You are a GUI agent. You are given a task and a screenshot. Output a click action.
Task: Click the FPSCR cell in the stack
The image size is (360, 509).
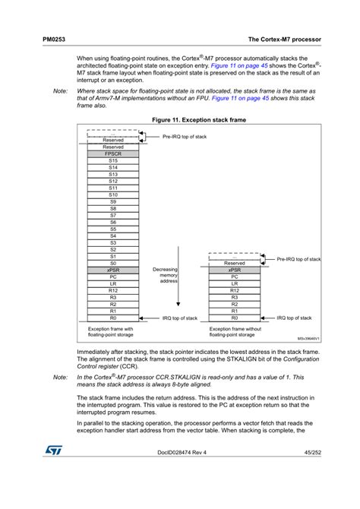tap(112, 154)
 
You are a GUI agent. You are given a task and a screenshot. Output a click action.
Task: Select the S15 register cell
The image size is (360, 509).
tap(112, 161)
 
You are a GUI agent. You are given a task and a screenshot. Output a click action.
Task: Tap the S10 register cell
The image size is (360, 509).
tap(112, 194)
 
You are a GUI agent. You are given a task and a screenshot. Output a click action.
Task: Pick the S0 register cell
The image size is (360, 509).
tap(112, 263)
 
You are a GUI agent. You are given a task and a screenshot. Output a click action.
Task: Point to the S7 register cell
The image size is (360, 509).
tap(112, 215)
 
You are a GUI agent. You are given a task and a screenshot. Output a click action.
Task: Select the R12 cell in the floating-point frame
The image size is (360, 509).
tap(112, 290)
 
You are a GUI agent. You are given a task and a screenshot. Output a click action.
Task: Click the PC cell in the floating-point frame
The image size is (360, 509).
tap(112, 277)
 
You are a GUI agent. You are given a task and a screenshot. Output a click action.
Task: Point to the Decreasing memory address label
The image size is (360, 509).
tap(165, 275)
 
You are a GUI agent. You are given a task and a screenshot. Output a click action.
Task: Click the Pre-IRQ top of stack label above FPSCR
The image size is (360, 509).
tap(185, 137)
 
